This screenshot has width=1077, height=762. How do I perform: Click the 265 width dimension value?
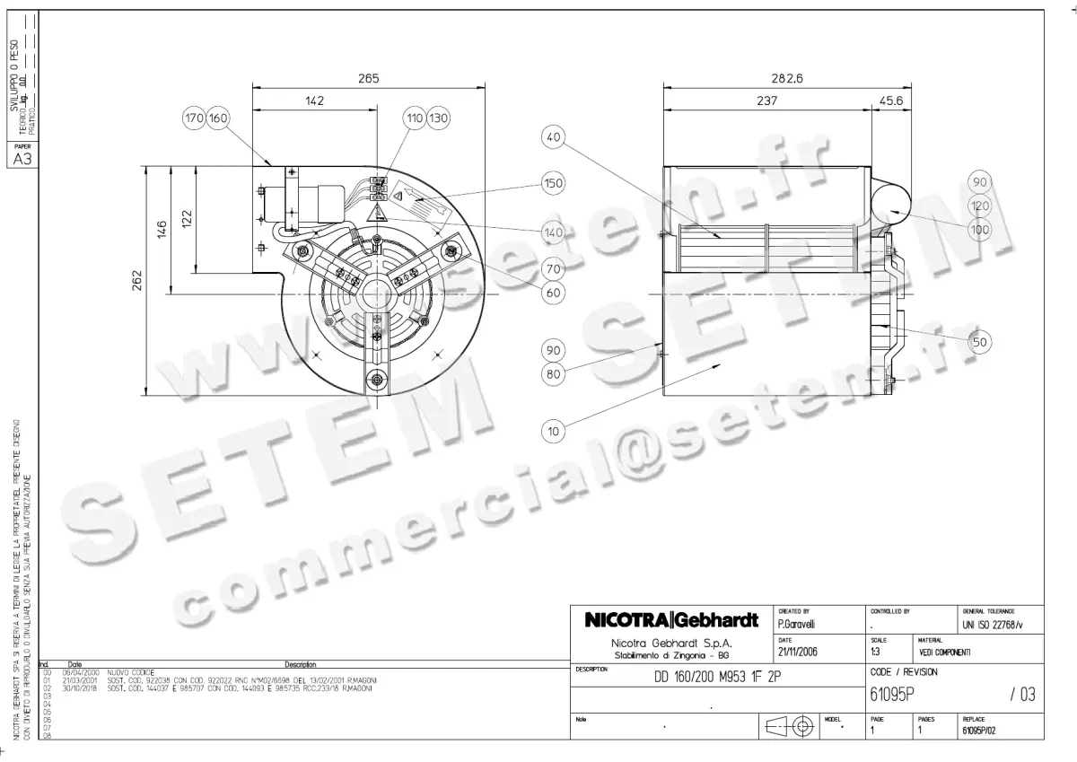click(x=368, y=79)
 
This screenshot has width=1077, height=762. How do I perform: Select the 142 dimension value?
click(x=314, y=101)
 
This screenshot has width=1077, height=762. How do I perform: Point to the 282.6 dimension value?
click(x=786, y=79)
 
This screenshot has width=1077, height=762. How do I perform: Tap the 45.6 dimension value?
click(x=889, y=101)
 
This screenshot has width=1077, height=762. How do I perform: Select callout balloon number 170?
click(x=195, y=118)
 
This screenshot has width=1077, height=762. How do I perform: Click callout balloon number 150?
click(x=554, y=183)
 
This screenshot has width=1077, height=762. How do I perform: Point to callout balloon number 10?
click(x=554, y=432)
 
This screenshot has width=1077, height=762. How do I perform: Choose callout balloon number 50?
click(x=980, y=341)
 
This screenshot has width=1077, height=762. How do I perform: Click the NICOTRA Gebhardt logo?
click(x=671, y=620)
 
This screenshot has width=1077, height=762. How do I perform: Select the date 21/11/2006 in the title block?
click(x=798, y=651)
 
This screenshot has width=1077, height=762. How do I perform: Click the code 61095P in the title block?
click(x=891, y=694)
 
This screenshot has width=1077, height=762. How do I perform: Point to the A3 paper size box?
click(x=21, y=160)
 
